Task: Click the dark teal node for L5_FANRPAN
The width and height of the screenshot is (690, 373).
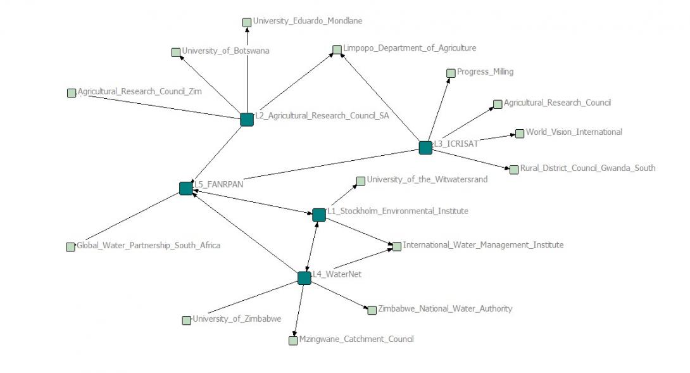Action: click(185, 188)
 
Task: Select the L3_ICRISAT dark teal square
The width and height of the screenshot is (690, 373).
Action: click(425, 147)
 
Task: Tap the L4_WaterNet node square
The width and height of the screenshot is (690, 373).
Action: click(304, 278)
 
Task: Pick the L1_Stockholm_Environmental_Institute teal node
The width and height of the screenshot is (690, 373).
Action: click(319, 215)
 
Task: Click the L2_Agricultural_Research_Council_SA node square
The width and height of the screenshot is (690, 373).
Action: click(247, 119)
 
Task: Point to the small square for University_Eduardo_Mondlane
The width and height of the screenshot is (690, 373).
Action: click(247, 23)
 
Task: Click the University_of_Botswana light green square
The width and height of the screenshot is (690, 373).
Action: click(176, 53)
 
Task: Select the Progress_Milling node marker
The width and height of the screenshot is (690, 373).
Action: click(451, 73)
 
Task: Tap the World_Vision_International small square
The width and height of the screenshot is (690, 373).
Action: click(520, 134)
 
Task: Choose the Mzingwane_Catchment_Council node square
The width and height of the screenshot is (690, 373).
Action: click(293, 341)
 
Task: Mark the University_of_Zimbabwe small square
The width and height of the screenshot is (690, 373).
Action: click(187, 320)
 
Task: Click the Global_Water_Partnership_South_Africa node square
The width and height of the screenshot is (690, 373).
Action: click(70, 247)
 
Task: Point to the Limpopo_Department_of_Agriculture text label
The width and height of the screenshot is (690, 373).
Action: click(409, 47)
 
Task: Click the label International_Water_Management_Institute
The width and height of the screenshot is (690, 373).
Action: click(483, 244)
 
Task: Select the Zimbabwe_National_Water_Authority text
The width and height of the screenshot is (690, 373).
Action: click(445, 308)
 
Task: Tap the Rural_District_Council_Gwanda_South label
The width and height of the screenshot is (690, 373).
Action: click(587, 168)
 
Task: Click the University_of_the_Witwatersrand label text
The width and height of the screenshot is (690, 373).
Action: click(427, 179)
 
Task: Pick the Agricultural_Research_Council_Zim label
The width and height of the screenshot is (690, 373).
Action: click(140, 92)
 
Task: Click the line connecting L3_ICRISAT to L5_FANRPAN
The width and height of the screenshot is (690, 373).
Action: click(304, 168)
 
